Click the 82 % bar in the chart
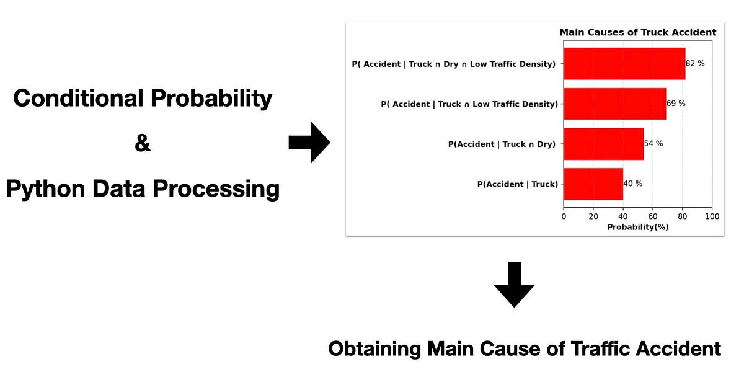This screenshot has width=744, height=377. click(x=624, y=64)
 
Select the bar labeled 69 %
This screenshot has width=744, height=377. click(x=614, y=104)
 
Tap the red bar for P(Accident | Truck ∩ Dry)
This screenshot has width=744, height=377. click(x=603, y=144)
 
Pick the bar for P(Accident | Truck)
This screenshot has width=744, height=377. click(x=593, y=184)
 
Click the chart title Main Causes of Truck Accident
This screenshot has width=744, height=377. click(x=637, y=32)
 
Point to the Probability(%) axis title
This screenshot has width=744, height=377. click(x=637, y=227)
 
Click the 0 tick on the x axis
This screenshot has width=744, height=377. click(x=564, y=216)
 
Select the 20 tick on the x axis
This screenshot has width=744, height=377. click(x=593, y=216)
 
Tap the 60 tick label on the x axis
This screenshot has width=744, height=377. click(x=653, y=216)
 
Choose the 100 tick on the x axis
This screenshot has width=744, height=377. click(x=712, y=216)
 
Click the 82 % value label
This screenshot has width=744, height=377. click(x=695, y=64)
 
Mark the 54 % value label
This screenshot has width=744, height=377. click(x=653, y=144)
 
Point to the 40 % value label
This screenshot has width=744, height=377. click(x=633, y=184)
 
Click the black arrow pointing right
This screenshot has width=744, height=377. click(x=309, y=143)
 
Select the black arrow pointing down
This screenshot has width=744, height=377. click(x=514, y=285)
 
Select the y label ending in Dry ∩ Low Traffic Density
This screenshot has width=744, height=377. click(x=453, y=64)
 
